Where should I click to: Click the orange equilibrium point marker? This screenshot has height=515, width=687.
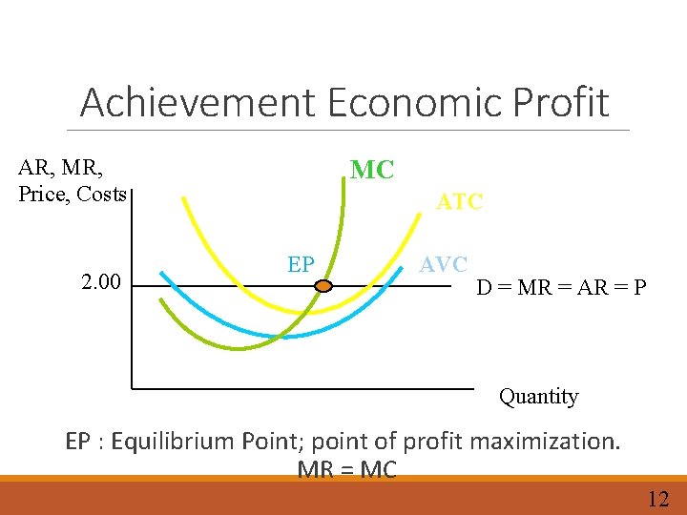click(x=323, y=285)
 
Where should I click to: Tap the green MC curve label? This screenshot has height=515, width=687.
click(x=372, y=171)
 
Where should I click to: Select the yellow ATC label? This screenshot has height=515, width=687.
click(x=460, y=202)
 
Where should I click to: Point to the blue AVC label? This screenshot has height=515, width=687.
click(x=444, y=264)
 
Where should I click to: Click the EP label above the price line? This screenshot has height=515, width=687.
click(x=301, y=264)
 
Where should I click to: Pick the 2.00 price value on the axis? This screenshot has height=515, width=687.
click(x=101, y=283)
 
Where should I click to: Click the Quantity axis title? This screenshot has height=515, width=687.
click(x=538, y=397)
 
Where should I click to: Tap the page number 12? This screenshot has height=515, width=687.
click(x=658, y=499)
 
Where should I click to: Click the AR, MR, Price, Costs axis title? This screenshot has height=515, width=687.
click(x=73, y=181)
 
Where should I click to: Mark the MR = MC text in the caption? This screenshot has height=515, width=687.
click(x=346, y=469)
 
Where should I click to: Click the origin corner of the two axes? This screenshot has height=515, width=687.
click(x=133, y=388)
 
